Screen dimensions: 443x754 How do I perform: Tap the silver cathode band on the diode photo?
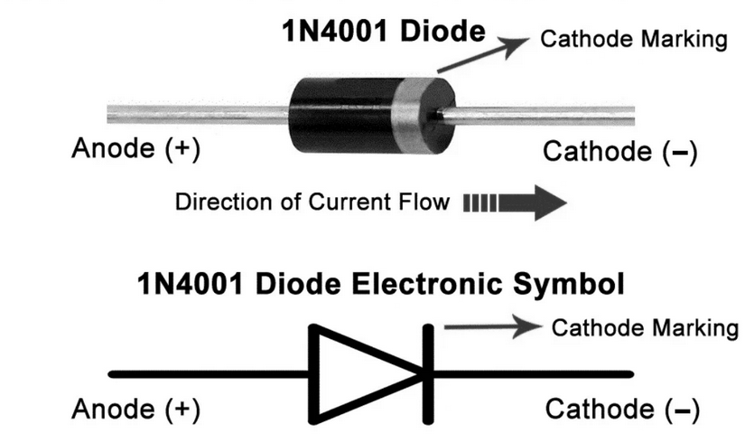416,115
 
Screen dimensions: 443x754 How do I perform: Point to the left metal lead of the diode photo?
199,114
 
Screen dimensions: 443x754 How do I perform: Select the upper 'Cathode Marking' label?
632,39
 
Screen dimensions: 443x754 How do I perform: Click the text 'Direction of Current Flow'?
312,201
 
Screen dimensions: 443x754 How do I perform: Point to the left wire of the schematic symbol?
208,373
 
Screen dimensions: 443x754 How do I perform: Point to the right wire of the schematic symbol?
533,373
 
